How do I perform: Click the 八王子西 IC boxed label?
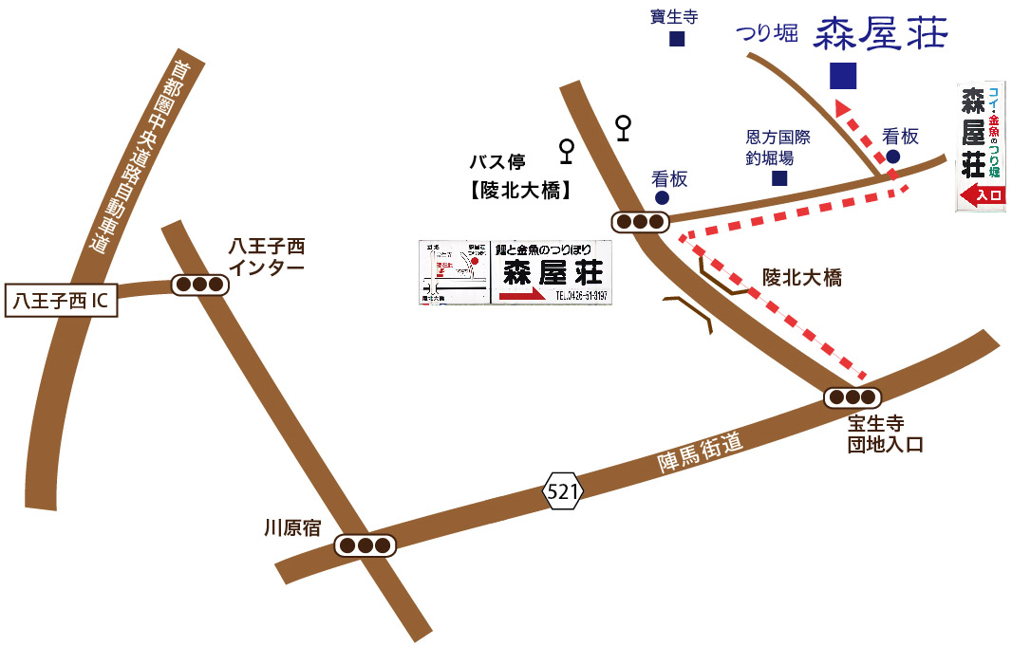click(61, 302)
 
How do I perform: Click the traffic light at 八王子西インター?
click(199, 284)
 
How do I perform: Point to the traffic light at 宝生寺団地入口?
click(853, 397)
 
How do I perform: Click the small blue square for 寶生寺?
click(677, 39)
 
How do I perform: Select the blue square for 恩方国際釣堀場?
click(779, 177)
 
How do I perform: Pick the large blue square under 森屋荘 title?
click(843, 75)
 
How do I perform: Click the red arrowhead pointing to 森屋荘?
click(842, 108)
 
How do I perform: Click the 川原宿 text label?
click(292, 528)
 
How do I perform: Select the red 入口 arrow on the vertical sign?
click(982, 196)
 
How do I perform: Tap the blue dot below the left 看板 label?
click(662, 197)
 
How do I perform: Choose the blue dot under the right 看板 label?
click(893, 157)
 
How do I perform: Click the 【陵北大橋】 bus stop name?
click(521, 190)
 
